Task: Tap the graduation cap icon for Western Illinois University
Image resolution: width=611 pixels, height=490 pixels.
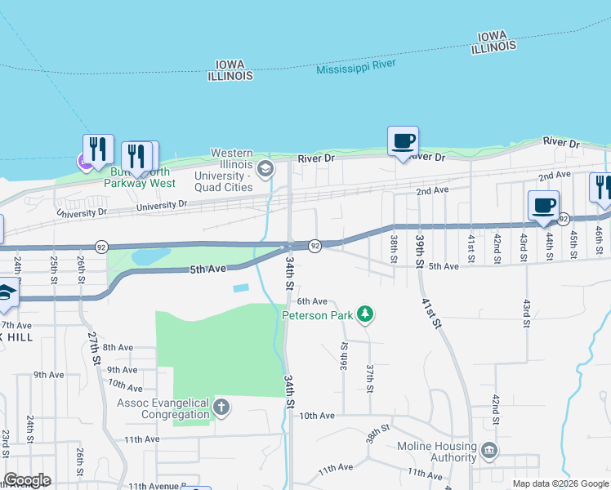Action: click(265, 169)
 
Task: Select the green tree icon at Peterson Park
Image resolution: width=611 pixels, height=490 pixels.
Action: click(367, 314)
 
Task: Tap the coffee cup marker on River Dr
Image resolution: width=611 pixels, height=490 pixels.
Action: click(403, 140)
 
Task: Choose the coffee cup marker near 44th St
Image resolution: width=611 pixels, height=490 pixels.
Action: click(543, 205)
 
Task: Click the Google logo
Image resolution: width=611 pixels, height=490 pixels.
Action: click(27, 480)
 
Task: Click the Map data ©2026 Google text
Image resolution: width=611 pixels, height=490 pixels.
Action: click(560, 483)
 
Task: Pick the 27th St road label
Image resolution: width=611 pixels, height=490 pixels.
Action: click(95, 347)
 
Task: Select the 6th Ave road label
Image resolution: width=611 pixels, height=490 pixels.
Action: click(312, 301)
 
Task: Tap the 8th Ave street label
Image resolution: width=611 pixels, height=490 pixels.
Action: click(118, 347)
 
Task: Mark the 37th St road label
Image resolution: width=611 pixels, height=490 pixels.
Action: click(370, 376)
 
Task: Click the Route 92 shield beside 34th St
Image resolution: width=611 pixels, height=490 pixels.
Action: click(314, 245)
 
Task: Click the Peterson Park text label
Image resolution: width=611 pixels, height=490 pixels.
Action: click(318, 314)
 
